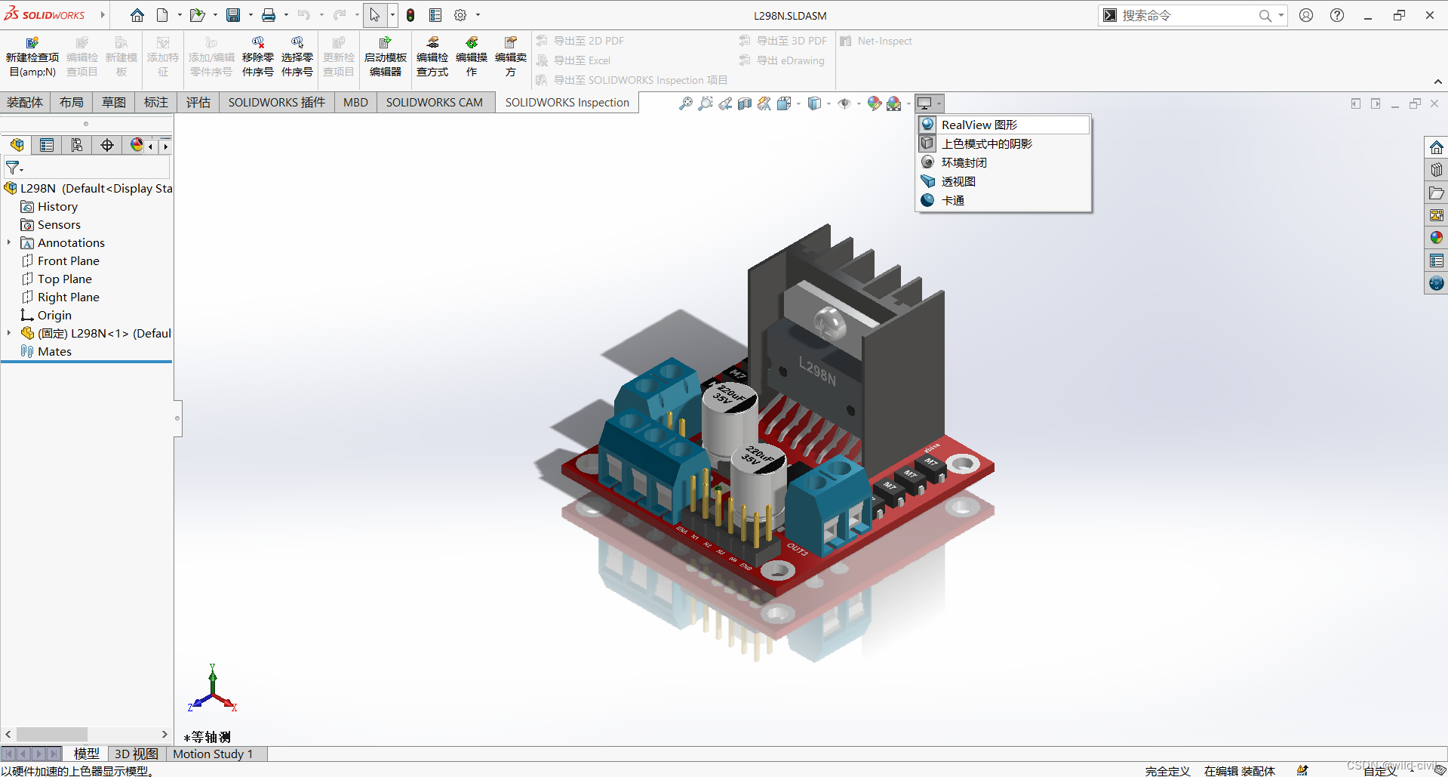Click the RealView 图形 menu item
pyautogui.click(x=979, y=125)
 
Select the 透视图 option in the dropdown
pyautogui.click(x=958, y=181)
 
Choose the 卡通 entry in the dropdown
pyautogui.click(x=952, y=200)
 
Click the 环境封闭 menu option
pyautogui.click(x=964, y=162)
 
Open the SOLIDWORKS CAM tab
pyautogui.click(x=434, y=103)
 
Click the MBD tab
pyautogui.click(x=355, y=103)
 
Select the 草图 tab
pyautogui.click(x=114, y=103)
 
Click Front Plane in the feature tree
pyautogui.click(x=68, y=261)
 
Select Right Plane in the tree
pyautogui.click(x=68, y=297)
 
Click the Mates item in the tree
pyautogui.click(x=54, y=351)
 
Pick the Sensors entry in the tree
pyautogui.click(x=59, y=224)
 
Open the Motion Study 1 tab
pyautogui.click(x=213, y=754)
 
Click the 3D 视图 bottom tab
pyautogui.click(x=136, y=754)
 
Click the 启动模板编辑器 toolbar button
pyautogui.click(x=385, y=57)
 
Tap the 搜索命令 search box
pyautogui.click(x=1185, y=15)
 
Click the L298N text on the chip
pyautogui.click(x=818, y=372)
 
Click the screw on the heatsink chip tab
pyautogui.click(x=830, y=323)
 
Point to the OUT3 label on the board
pyautogui.click(x=798, y=548)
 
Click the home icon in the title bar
pyautogui.click(x=137, y=15)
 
